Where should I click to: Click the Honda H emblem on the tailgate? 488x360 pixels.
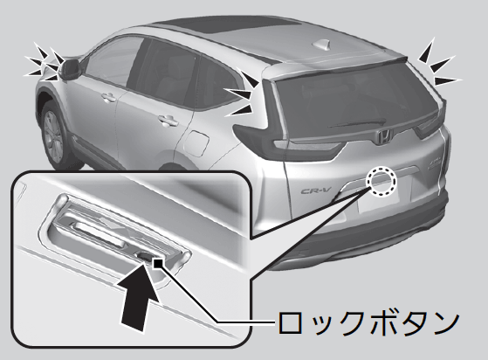[x=383, y=137]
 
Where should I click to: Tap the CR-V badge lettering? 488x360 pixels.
[x=317, y=190]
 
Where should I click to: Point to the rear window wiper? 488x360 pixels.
[x=357, y=123]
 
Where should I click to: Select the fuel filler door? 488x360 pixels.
[x=196, y=143]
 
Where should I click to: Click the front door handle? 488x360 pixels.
[x=108, y=97]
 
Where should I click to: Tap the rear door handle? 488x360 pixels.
[x=168, y=120]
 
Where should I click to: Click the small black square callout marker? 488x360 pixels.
[x=158, y=263]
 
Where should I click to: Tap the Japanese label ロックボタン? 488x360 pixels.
[x=368, y=322]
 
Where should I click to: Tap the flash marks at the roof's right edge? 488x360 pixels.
[x=439, y=64]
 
